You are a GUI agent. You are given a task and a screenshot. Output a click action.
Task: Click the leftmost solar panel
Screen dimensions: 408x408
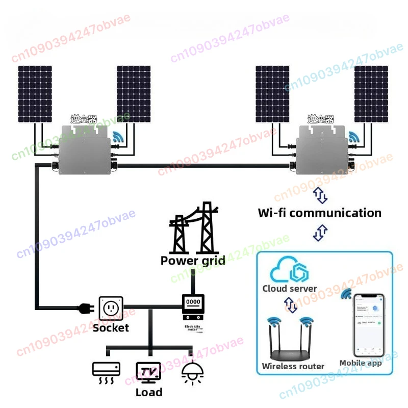[x=35, y=94]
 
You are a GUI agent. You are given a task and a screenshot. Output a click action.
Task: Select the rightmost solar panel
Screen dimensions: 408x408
[x=371, y=94]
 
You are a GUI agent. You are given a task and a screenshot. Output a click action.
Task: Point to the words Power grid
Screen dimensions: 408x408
[x=193, y=261]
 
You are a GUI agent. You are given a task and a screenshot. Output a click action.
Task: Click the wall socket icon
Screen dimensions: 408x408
[x=110, y=308]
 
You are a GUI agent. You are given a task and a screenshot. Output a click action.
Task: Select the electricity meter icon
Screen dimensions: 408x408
[x=193, y=304]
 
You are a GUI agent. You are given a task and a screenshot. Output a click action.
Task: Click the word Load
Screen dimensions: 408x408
[x=149, y=392]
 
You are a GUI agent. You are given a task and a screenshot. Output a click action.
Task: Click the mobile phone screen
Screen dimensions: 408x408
[x=368, y=325]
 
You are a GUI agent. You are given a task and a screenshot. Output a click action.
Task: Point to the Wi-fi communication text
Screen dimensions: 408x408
[x=320, y=213]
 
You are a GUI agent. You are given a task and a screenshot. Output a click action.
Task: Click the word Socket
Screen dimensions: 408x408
[x=111, y=327]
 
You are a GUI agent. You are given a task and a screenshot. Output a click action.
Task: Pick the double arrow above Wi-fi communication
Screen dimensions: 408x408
[x=320, y=195]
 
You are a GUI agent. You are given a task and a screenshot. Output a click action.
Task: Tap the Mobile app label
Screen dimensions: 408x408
[x=361, y=364]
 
